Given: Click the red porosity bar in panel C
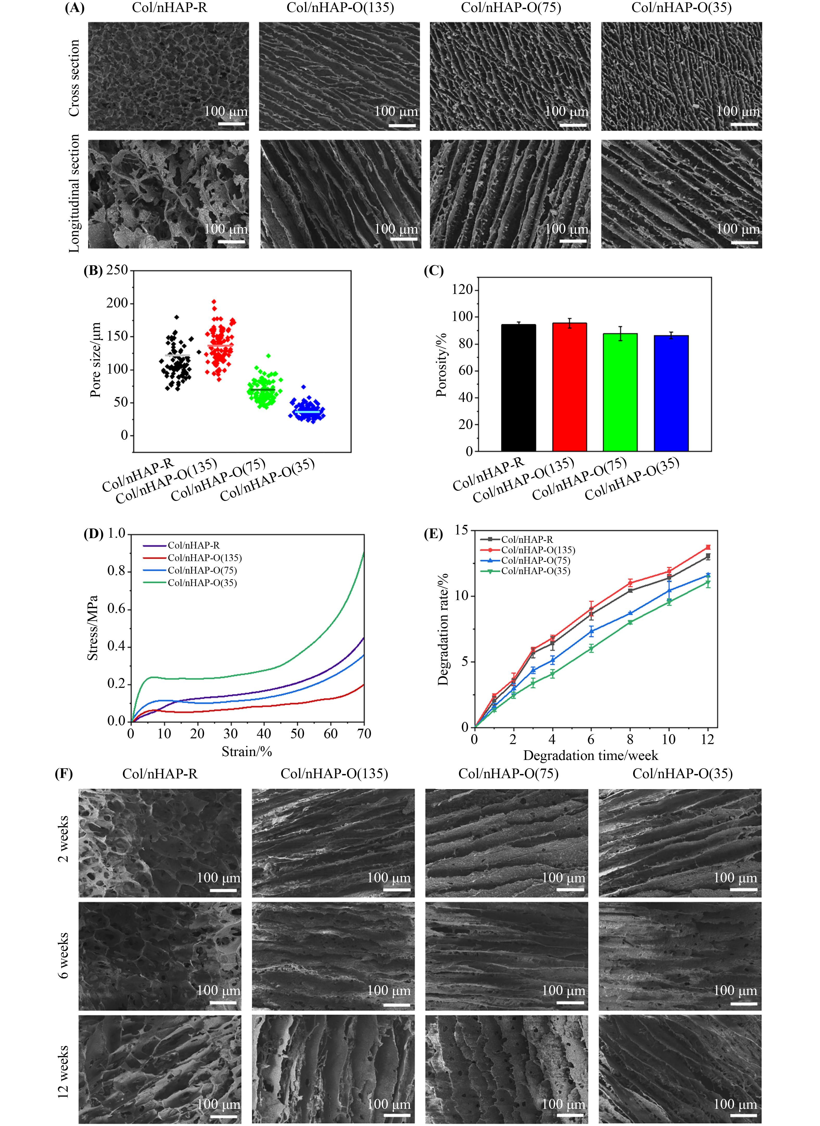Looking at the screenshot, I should [569, 387].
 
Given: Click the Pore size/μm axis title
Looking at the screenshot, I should [95, 360].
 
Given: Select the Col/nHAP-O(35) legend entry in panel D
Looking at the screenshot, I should [202, 583].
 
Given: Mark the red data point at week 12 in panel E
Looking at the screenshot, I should [708, 547].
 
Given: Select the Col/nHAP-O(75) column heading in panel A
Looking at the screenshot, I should [511, 8].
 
